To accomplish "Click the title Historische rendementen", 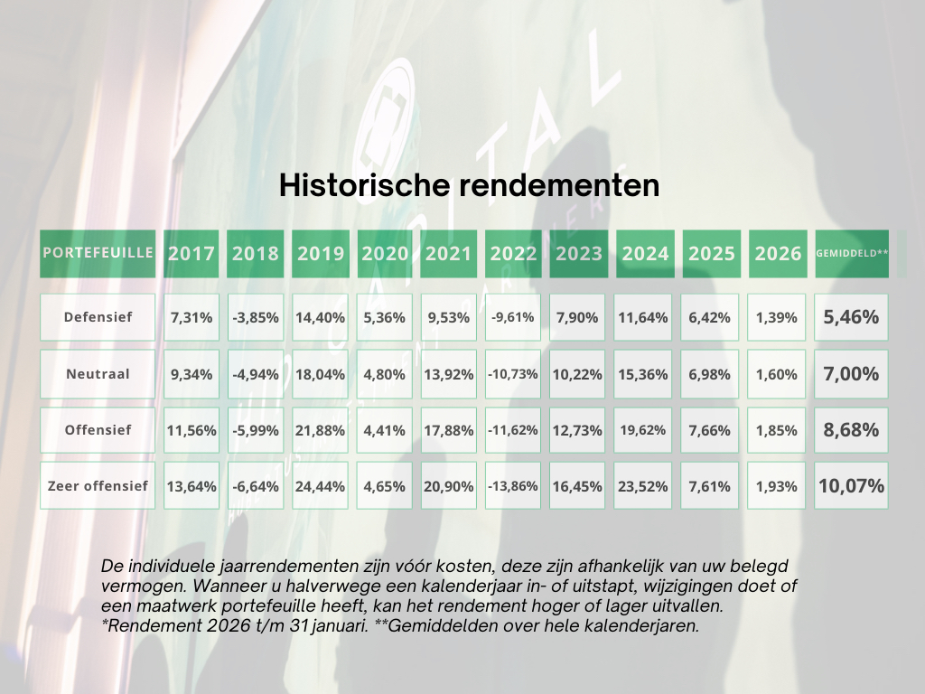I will coord(469,184).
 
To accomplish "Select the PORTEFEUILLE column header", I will coord(98,252).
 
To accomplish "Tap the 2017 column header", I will coord(192,254).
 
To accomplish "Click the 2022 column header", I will coord(513,254).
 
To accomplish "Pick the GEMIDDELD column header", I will coord(851,254).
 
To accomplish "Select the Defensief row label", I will coord(98,317).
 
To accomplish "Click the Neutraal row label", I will coord(98,373).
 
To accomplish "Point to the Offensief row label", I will coord(98,430).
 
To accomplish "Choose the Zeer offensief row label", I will coord(98,486).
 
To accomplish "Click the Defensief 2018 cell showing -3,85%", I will coord(256,317).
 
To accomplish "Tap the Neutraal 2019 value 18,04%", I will coord(321,374).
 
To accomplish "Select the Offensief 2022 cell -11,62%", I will coord(513,430).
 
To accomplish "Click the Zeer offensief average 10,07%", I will coord(851,486).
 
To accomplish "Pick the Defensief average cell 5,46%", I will coord(851,317).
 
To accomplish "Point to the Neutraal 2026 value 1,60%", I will coord(777,374).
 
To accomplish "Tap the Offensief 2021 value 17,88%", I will coord(449,430).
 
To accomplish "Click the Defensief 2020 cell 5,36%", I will coord(385,317).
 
